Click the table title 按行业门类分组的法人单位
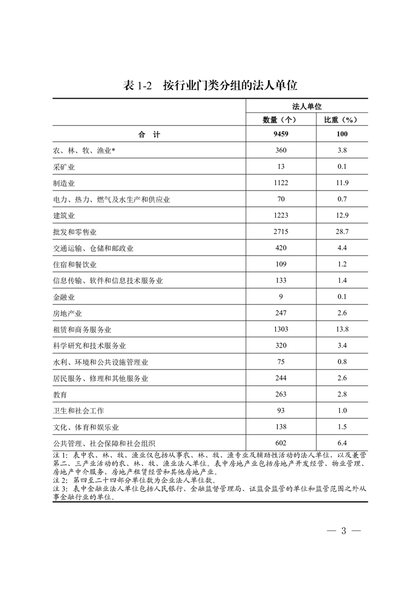click(230, 86)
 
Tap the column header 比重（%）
click(342, 120)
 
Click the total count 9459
click(281, 134)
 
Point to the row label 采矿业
click(65, 167)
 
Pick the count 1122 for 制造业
click(281, 183)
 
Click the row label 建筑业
click(65, 216)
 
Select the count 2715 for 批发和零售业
click(281, 232)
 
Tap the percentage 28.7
click(342, 232)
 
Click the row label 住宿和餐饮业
click(75, 265)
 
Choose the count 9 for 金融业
click(281, 297)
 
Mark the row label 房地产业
click(68, 313)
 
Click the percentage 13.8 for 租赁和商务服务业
click(342, 330)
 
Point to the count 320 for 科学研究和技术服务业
click(281, 346)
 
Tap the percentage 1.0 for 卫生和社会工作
click(342, 411)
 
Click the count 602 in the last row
click(281, 444)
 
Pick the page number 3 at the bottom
click(344, 530)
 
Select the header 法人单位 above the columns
click(307, 106)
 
